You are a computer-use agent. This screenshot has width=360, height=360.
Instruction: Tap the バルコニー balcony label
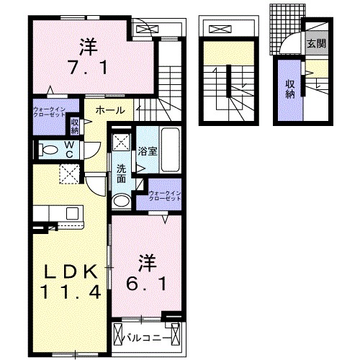click(150, 336)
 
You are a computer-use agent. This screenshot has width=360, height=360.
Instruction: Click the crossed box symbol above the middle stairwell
click(221, 30)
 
